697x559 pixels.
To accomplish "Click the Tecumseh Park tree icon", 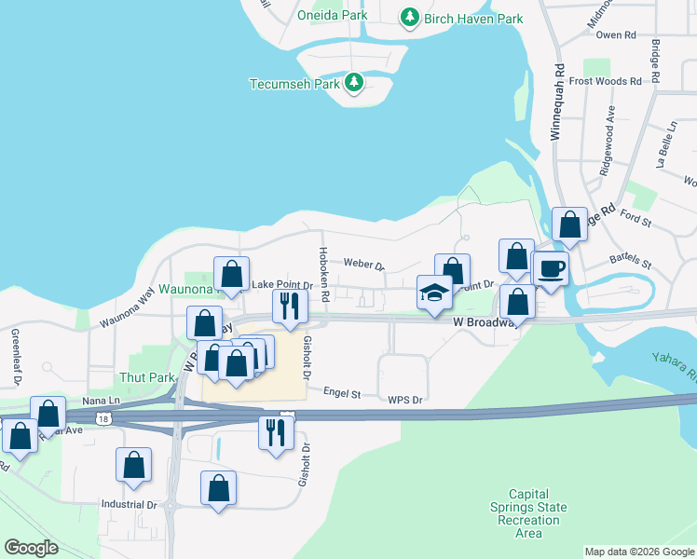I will coord(354,84).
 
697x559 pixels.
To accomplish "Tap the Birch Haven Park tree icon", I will coord(409,18).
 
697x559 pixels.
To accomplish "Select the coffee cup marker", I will coord(550,269).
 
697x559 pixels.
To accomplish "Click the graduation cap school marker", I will coord(434,293).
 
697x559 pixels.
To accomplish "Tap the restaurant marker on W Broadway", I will coord(289,306).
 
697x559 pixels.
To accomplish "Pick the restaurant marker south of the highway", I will coord(276,433).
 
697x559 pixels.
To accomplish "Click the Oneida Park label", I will coord(332,15).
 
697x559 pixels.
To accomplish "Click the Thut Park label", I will coord(147,377).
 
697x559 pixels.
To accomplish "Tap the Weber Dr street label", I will coord(363,265).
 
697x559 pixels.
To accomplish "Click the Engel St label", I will coord(342,393).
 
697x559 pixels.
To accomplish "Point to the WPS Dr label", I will coord(405,400).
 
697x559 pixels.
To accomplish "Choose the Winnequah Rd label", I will coord(556,102).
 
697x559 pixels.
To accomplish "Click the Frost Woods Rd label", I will coord(606,81).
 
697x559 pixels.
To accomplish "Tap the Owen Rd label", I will coord(615,34).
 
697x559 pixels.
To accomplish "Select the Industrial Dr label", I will coord(129,504).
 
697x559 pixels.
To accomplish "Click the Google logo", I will coord(32,547).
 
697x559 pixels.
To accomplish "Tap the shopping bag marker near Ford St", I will coord(569,225).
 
